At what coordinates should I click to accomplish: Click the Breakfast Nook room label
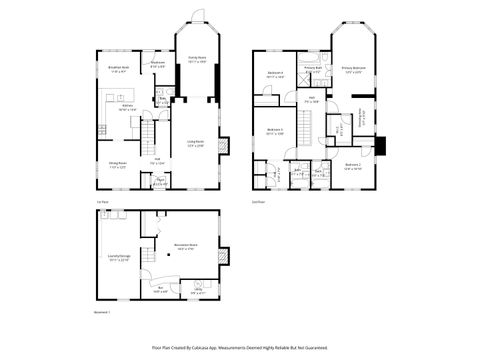pyautogui.click(x=118, y=70)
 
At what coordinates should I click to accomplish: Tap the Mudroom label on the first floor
pyautogui.click(x=157, y=64)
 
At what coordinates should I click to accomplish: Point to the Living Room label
pyautogui.click(x=196, y=145)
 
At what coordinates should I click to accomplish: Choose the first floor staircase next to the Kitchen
pyautogui.click(x=146, y=129)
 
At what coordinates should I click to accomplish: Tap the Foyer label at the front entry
pyautogui.click(x=160, y=182)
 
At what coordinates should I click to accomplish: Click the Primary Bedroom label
pyautogui.click(x=353, y=69)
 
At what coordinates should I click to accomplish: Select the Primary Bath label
pyautogui.click(x=313, y=68)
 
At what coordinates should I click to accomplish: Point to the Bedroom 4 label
pyautogui.click(x=276, y=74)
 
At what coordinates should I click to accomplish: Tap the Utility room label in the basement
pyautogui.click(x=198, y=293)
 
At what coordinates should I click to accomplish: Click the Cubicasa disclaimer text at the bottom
pyautogui.click(x=239, y=347)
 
